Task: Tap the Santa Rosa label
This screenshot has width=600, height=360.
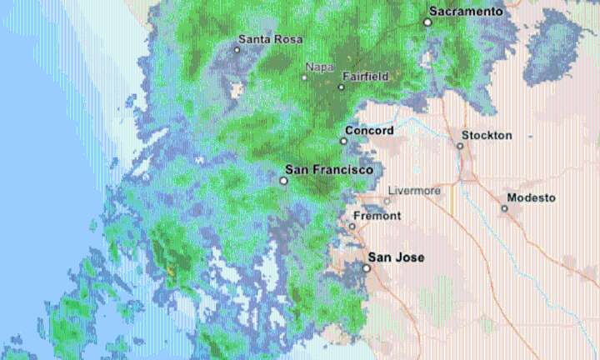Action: pos(270,38)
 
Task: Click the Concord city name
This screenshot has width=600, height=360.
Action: pos(369,131)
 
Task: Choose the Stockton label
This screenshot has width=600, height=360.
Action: pos(487,135)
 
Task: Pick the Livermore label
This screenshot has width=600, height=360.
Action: pos(414,191)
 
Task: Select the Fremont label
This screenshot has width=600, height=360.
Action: pos(377,216)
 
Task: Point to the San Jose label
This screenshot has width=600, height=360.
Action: pos(396,257)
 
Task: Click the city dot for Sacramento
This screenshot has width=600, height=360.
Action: pos(427,22)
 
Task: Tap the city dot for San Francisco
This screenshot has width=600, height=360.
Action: pos(284,180)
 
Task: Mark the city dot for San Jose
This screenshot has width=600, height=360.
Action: pos(367,268)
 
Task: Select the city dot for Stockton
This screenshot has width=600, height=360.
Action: pos(459,146)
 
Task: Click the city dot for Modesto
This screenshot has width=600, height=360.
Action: pos(504,208)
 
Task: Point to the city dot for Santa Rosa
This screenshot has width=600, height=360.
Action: pos(237,49)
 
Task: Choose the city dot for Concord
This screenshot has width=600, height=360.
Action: pos(343,141)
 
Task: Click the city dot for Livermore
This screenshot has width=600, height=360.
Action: pos(387,201)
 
